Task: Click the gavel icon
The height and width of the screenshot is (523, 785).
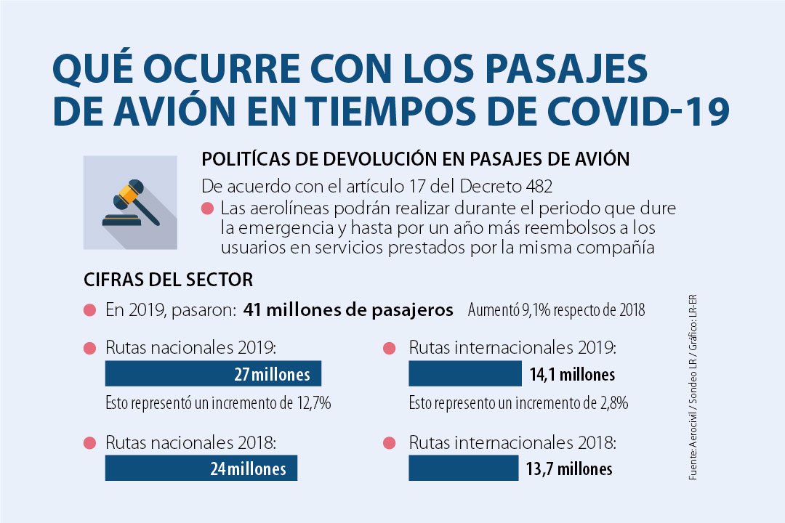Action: point(131,203)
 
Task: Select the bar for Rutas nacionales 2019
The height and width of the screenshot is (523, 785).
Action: point(213,374)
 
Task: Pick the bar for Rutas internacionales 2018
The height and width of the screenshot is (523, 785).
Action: point(462,469)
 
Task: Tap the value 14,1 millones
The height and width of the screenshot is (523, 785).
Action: point(572,375)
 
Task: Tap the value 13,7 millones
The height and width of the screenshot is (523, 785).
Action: point(569,469)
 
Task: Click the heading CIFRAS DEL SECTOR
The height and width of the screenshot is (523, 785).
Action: point(169,279)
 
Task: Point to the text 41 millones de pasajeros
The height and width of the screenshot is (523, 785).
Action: point(348,310)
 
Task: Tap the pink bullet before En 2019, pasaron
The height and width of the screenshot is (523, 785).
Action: point(90,311)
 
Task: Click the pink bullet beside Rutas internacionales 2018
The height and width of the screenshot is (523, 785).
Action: point(390,443)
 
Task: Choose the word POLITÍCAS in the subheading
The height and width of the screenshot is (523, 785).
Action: point(247,159)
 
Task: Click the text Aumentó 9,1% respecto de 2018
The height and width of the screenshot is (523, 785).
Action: point(556,311)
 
